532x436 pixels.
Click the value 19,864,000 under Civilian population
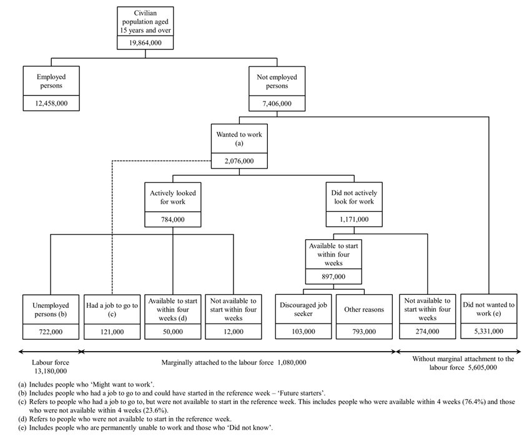point(145,41)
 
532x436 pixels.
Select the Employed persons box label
point(51,81)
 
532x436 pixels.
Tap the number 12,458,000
point(51,104)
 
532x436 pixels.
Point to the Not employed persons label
point(277,81)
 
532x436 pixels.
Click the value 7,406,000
point(277,104)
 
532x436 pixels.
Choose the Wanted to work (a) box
point(239,138)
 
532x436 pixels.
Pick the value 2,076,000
point(239,161)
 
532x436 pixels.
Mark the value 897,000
point(333,277)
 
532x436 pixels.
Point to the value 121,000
point(112,332)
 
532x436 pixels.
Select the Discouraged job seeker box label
point(303,309)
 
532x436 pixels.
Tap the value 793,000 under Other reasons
point(364,332)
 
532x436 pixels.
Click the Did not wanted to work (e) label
point(489,309)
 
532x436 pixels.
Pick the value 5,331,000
point(489,332)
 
